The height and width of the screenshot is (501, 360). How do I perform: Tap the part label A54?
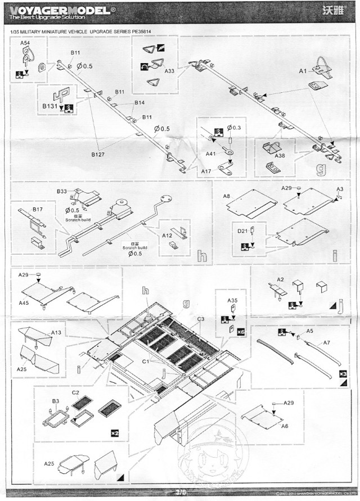click(25, 43)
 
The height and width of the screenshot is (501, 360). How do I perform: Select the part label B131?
click(50, 106)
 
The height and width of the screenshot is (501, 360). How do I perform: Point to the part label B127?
click(98, 154)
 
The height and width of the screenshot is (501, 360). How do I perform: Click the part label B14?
click(139, 103)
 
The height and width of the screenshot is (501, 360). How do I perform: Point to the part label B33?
click(62, 192)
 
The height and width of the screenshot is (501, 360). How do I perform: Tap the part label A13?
click(56, 332)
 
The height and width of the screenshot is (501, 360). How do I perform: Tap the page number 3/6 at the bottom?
click(181, 493)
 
